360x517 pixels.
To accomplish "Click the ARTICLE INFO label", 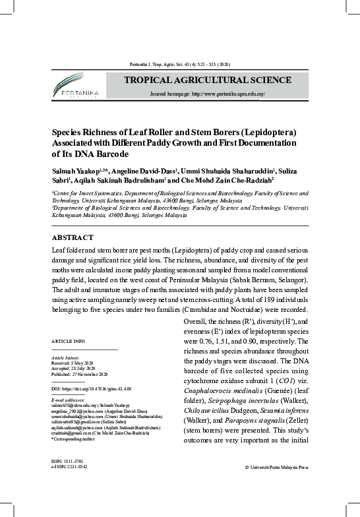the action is (x=68, y=340).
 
